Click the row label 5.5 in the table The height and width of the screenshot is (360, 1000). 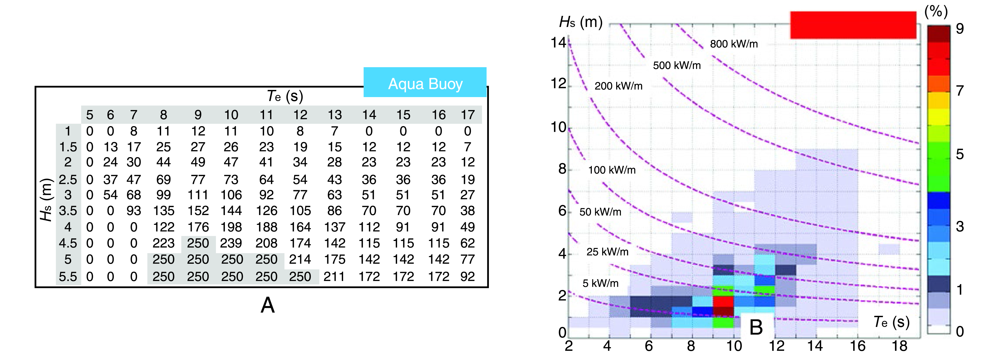tap(68, 276)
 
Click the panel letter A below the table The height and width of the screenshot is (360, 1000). tap(267, 305)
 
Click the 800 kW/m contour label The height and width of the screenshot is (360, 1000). tap(734, 44)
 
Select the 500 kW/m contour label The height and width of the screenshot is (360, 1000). tap(677, 65)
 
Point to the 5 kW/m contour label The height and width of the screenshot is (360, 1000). tap(600, 283)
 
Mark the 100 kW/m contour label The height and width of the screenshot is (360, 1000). tap(612, 170)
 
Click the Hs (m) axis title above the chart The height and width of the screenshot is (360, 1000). tap(580, 22)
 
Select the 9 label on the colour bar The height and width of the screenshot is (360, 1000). tap(960, 28)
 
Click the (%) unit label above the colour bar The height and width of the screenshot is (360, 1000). tap(936, 12)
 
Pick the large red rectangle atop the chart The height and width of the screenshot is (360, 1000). tap(853, 25)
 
